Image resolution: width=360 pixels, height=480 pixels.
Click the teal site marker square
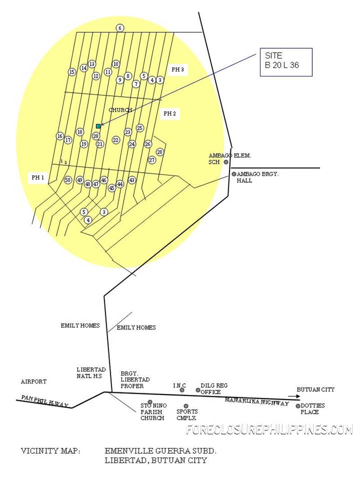click(x=98, y=126)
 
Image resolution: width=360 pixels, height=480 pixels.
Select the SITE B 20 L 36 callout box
click(x=286, y=62)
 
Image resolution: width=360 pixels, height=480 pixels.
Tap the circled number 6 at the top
click(x=120, y=28)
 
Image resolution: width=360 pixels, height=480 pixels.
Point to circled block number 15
click(x=72, y=72)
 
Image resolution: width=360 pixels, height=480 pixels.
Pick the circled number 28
click(x=160, y=152)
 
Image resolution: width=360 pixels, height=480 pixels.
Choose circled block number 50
click(x=67, y=180)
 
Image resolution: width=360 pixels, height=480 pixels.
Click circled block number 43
click(x=132, y=180)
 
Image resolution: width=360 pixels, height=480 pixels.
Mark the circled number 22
click(x=116, y=140)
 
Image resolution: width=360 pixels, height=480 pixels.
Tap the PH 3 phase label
click(x=178, y=70)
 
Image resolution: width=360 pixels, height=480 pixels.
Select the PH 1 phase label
click(x=38, y=178)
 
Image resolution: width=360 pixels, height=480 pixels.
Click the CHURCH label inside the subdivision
click(x=120, y=110)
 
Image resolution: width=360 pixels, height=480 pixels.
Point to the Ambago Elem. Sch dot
click(x=226, y=162)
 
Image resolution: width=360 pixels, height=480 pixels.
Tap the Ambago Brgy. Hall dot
click(x=234, y=174)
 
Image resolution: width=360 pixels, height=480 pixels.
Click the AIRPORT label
click(x=34, y=381)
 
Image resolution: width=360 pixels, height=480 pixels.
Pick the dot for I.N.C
click(x=182, y=390)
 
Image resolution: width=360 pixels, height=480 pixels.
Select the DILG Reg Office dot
click(x=198, y=390)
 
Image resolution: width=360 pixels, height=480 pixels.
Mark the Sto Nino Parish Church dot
click(x=150, y=402)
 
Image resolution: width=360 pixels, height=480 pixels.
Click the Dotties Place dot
click(x=298, y=406)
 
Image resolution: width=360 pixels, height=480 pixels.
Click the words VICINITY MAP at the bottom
click(x=50, y=451)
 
